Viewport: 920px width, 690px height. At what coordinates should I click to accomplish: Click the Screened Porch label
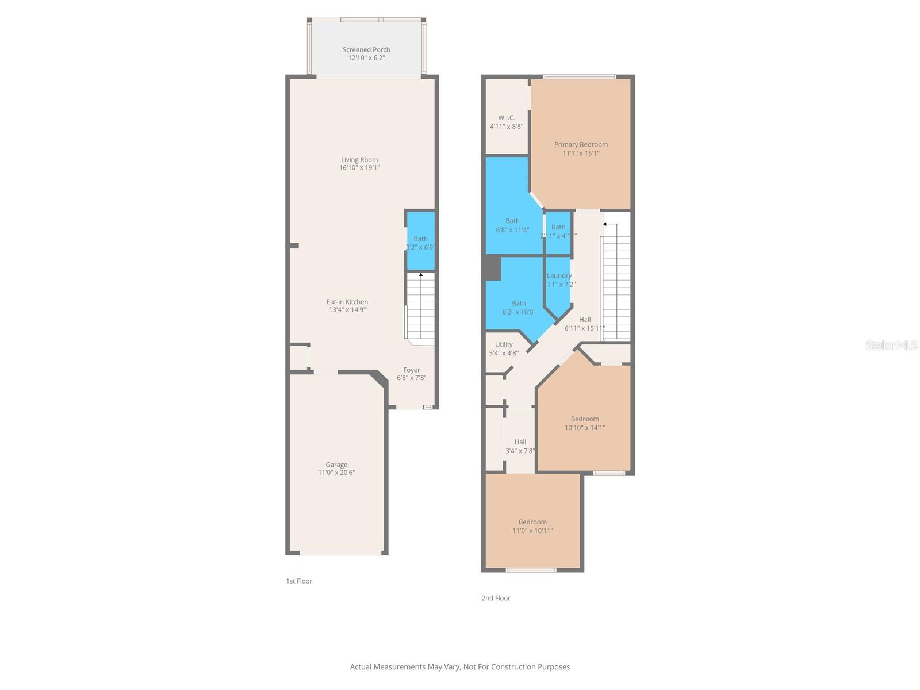[366, 50]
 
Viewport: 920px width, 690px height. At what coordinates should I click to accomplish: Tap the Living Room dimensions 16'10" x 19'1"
[359, 168]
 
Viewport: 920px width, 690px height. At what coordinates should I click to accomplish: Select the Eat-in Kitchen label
[347, 302]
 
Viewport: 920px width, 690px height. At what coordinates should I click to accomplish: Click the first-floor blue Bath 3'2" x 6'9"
[420, 243]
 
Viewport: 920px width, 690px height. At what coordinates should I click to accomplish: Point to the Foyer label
[412, 370]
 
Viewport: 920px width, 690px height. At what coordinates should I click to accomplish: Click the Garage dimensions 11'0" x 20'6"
[336, 473]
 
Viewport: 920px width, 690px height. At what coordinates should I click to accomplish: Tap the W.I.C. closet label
[507, 118]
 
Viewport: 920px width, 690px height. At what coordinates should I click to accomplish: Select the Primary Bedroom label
[581, 145]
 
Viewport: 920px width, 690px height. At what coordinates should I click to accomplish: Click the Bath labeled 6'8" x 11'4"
[512, 225]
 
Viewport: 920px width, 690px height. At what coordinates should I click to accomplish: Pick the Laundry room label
[559, 276]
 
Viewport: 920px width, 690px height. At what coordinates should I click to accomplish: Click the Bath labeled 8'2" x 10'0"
[519, 308]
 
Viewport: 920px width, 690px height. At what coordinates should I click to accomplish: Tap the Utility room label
[504, 345]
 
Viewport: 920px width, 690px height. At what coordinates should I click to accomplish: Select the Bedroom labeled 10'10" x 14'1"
[585, 423]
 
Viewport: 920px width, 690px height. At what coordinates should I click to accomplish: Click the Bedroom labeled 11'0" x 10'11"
[532, 526]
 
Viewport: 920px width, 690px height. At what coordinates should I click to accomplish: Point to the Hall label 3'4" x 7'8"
[520, 446]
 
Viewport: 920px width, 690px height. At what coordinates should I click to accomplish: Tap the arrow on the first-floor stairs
[421, 275]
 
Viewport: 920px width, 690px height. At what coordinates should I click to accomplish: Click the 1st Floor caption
[299, 581]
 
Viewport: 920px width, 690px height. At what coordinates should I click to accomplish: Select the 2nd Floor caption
[496, 598]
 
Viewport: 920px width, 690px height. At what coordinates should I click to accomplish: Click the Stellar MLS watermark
[891, 346]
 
